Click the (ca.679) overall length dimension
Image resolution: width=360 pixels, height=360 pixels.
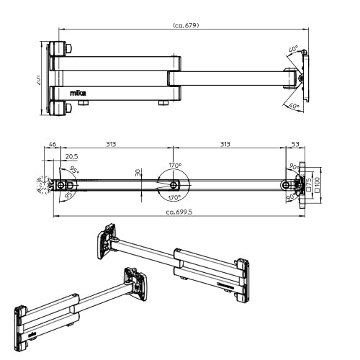(186, 25)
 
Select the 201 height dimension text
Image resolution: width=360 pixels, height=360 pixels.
(37, 80)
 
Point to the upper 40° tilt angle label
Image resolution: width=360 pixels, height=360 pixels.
(293, 50)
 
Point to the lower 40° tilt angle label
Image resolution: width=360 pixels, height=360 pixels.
(294, 106)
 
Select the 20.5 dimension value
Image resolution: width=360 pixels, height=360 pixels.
(71, 156)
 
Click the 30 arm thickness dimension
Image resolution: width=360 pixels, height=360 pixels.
(139, 173)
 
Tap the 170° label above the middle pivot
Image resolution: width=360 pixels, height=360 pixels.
(175, 165)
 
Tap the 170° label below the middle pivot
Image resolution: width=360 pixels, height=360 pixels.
(174, 197)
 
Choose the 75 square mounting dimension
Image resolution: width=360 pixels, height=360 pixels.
(309, 184)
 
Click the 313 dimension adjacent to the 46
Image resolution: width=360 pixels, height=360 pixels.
(111, 145)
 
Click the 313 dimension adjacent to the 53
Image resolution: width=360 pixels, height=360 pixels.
(225, 145)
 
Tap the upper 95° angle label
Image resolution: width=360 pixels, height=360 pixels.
(76, 171)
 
